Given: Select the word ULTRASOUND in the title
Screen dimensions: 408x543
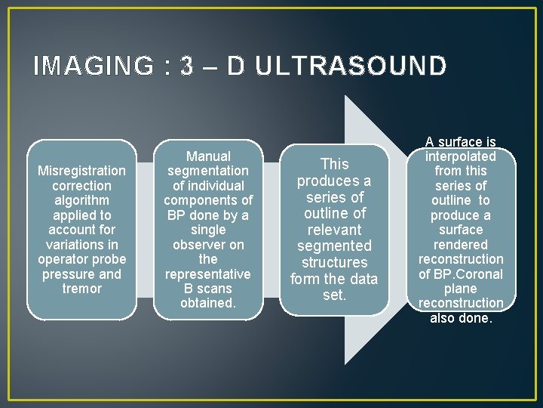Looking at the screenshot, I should tap(351, 66).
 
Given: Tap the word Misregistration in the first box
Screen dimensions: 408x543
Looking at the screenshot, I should tap(81, 171).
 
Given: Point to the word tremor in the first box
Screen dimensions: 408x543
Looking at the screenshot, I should tap(81, 289).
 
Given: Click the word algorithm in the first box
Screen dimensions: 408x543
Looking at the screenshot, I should tap(81, 200).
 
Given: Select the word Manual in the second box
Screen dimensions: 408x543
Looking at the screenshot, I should tap(208, 156).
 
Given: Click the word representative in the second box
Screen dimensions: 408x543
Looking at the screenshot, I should tap(208, 274).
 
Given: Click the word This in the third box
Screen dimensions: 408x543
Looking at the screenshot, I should tap(334, 163).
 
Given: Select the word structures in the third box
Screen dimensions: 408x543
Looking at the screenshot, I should tap(334, 262).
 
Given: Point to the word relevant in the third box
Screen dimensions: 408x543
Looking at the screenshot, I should tap(334, 230).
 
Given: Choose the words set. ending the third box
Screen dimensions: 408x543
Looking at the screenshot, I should tap(334, 295).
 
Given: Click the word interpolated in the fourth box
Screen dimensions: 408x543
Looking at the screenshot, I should tap(460, 156).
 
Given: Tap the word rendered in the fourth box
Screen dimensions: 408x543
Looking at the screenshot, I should tap(460, 244).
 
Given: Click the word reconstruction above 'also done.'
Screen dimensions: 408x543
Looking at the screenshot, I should tap(460, 303).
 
